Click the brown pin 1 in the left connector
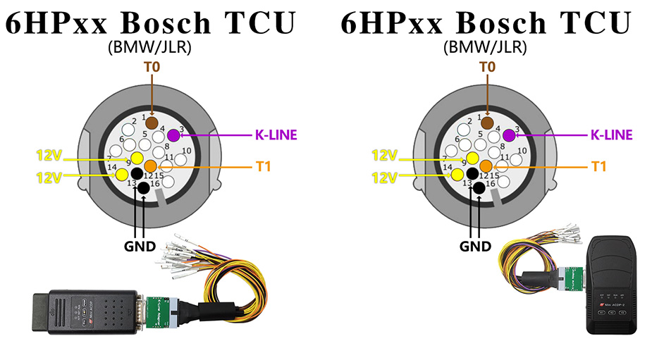(x=151, y=123)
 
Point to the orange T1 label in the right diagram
(x=598, y=166)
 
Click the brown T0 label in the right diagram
(x=486, y=67)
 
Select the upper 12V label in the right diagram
(x=384, y=155)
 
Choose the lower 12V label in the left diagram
(x=49, y=177)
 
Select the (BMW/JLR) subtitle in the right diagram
(x=486, y=48)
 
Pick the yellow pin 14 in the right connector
(x=457, y=173)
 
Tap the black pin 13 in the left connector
(x=144, y=187)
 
